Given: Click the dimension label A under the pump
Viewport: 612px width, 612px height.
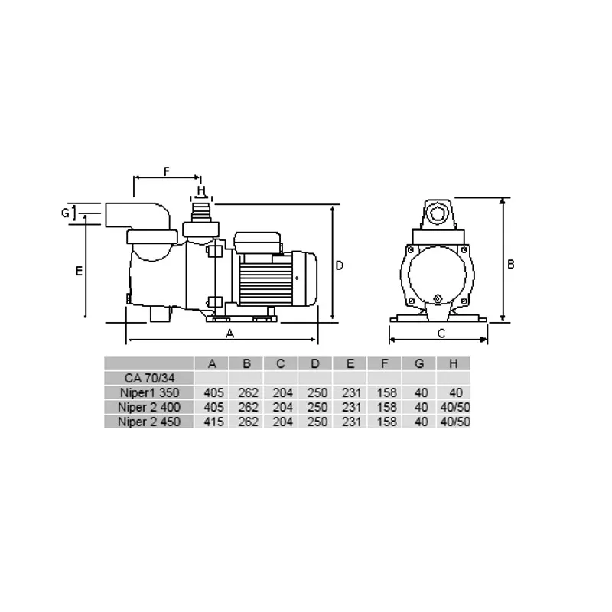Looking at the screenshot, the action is tap(230, 334).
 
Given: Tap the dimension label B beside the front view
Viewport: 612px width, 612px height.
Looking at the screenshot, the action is tap(510, 264).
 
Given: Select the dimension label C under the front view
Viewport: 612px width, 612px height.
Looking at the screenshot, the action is tap(441, 334).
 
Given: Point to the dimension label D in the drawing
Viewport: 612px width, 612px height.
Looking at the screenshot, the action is tap(340, 265).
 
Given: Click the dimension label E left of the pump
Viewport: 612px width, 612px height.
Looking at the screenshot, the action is tap(79, 271).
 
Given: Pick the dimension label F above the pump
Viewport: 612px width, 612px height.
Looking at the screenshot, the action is tap(167, 171).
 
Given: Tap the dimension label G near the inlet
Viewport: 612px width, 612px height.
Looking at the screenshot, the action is tap(65, 213).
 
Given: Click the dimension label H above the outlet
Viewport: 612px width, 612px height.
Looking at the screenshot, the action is tap(201, 190).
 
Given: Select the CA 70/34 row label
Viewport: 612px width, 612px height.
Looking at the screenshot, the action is tap(149, 378).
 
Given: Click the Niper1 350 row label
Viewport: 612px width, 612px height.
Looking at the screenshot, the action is tap(149, 392).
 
